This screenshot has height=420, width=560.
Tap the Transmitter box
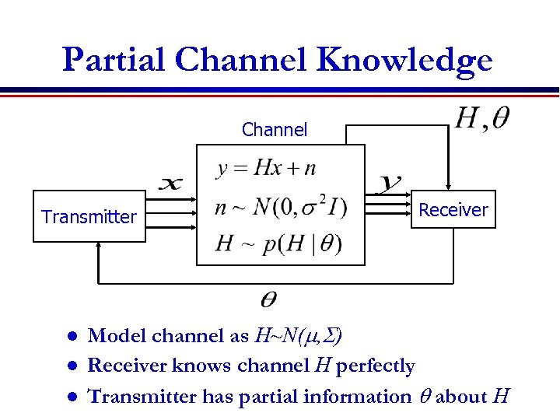point(89,217)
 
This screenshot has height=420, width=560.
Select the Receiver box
point(453,209)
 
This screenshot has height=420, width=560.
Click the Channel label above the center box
point(275,130)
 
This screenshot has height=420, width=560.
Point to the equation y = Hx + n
point(267,168)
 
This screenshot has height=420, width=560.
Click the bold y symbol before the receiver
point(389,184)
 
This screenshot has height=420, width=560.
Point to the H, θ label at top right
point(482,118)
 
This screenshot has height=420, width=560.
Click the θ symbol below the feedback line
point(267,299)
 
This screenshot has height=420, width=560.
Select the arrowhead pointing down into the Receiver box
point(449,184)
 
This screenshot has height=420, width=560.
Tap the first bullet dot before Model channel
point(71,337)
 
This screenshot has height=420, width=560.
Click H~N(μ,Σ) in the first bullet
point(299,336)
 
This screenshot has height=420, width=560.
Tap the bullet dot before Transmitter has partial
point(71,397)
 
